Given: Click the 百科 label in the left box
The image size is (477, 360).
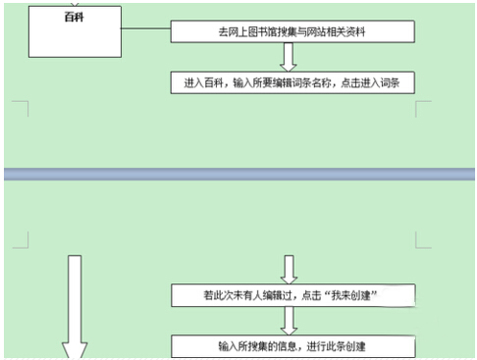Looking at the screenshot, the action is click(75, 17).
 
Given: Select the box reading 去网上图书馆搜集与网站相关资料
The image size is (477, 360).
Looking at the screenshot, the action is click(292, 31).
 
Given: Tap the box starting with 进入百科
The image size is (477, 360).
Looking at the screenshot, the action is click(292, 82).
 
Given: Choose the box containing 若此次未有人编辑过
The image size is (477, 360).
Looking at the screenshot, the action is click(293, 295).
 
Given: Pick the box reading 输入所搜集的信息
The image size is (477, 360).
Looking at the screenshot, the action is click(293, 346).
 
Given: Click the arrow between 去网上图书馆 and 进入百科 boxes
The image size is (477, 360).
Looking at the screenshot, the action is click(289, 57).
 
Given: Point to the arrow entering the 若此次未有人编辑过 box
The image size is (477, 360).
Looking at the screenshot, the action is click(289, 270).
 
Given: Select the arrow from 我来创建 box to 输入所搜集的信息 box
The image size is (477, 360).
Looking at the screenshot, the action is click(289, 321).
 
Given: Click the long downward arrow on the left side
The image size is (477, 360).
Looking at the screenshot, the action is click(75, 307).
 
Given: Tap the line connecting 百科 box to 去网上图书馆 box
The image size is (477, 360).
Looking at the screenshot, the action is click(146, 28).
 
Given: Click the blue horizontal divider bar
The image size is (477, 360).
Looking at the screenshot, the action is click(239, 174).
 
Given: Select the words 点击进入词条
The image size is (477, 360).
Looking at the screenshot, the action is click(370, 82).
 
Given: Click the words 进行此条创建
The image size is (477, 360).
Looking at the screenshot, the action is click(336, 346).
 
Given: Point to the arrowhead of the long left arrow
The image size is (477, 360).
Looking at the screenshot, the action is click(75, 350).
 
